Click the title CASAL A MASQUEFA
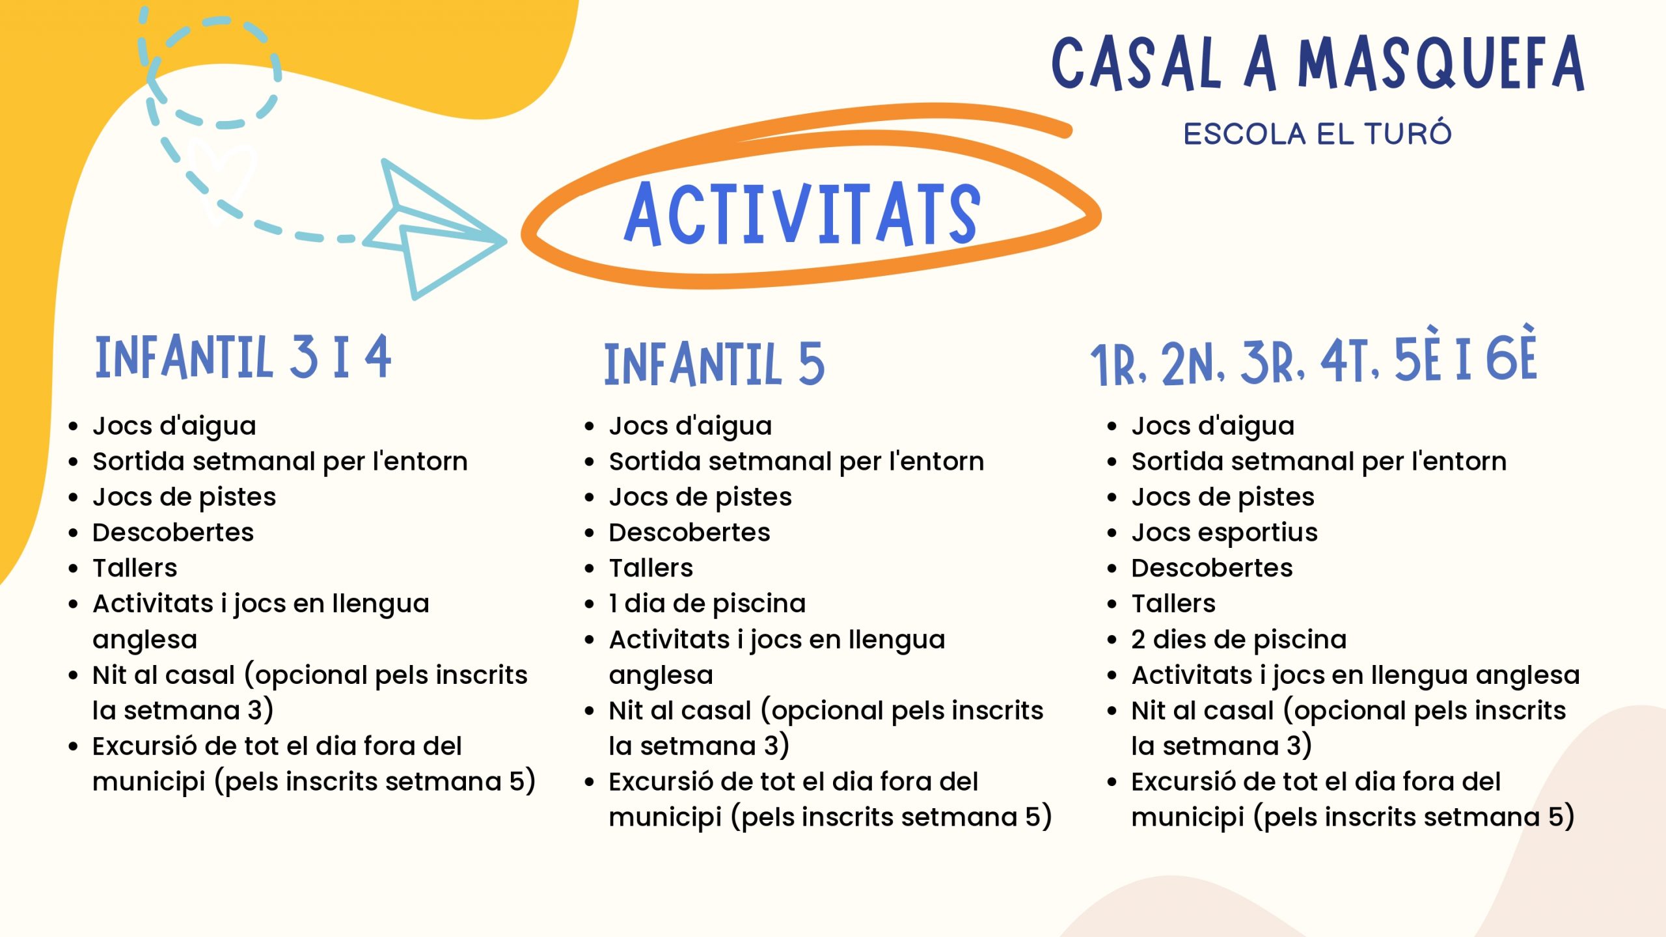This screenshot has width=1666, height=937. pos(1318,63)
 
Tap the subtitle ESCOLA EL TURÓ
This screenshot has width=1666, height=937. pos(1317,133)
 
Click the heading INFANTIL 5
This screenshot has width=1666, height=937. pos(715,364)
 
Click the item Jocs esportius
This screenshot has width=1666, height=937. pos(1224,533)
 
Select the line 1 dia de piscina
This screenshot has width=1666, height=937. pos(707,604)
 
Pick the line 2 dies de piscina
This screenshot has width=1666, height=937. pos(1239,640)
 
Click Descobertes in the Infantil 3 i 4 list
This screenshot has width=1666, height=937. pos(173,532)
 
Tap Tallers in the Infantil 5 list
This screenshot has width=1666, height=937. pos(651,568)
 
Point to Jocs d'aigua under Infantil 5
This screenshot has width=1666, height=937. pos(690,426)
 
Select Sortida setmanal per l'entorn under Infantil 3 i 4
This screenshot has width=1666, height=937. pos(280,461)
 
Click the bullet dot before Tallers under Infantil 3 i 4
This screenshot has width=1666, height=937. pos(73,569)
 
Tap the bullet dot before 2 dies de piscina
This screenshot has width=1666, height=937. pos(1112,640)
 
